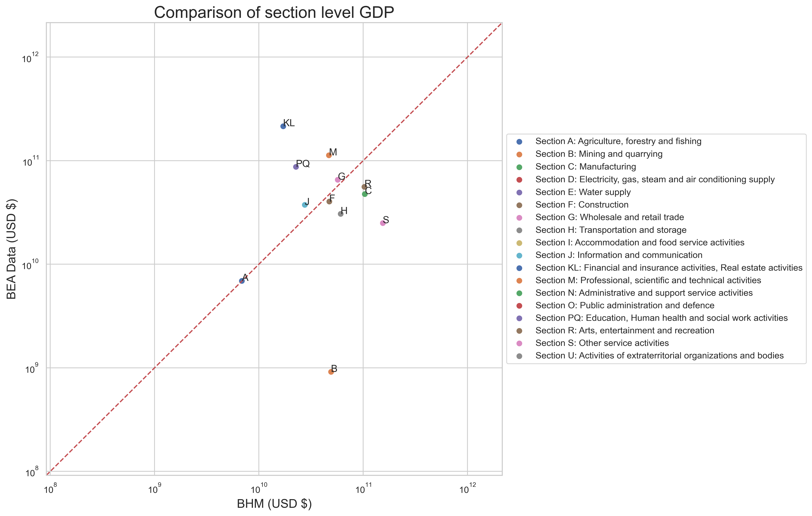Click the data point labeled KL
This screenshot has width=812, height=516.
pyautogui.click(x=283, y=126)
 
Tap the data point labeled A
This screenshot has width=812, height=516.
pyautogui.click(x=242, y=281)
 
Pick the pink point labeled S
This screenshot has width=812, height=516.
pyautogui.click(x=383, y=223)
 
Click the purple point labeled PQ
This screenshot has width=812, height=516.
pyautogui.click(x=296, y=167)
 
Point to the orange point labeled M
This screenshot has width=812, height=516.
pyautogui.click(x=329, y=155)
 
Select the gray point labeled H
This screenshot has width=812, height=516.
pyautogui.click(x=341, y=214)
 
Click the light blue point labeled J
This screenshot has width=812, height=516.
pyautogui.click(x=305, y=205)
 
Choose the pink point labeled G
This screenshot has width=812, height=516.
pyautogui.click(x=337, y=180)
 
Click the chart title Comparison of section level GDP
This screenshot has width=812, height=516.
pyautogui.click(x=274, y=13)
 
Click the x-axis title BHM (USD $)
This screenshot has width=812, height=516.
pyautogui.click(x=274, y=503)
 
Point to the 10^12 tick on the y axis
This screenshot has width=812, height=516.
pyautogui.click(x=30, y=58)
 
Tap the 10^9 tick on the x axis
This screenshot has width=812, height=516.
pyautogui.click(x=155, y=489)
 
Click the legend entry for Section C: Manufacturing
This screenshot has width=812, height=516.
pyautogui.click(x=585, y=167)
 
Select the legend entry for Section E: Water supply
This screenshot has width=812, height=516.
pyautogui.click(x=583, y=192)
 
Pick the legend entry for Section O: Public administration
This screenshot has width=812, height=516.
pyautogui.click(x=625, y=305)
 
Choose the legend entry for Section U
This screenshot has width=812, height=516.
pyautogui.click(x=659, y=355)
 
